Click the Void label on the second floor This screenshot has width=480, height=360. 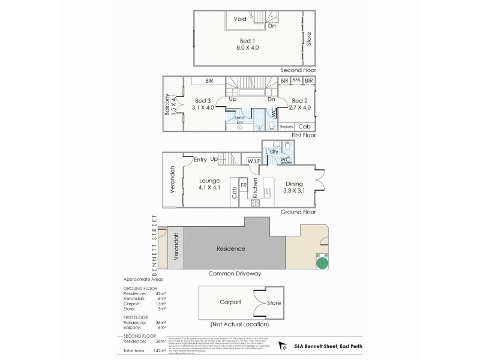tap(240, 18)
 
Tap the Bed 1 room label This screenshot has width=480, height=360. tap(247, 43)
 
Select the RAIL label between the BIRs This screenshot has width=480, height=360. tap(297, 79)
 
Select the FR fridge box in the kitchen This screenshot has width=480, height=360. tap(244, 185)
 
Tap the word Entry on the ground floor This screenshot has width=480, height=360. tap(200, 160)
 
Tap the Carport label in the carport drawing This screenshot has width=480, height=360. tap(230, 302)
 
